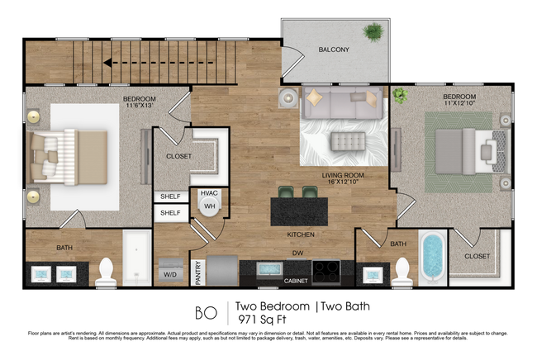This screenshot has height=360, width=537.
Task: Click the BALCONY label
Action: point(334,50)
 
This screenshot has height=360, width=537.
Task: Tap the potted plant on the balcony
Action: point(373,32)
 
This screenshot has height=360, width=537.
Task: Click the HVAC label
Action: point(208,193)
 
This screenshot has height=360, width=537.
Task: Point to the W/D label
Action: point(170,274)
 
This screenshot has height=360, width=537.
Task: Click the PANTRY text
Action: point(198,272)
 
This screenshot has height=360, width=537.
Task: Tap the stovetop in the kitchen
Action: point(326,270)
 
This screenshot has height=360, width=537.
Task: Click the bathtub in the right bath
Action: point(431,257)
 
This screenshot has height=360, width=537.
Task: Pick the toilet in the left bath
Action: point(106,272)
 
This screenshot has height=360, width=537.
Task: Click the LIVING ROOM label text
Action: point(345,176)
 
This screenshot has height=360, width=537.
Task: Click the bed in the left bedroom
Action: point(70,155)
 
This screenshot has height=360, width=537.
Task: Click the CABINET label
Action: point(296,281)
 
